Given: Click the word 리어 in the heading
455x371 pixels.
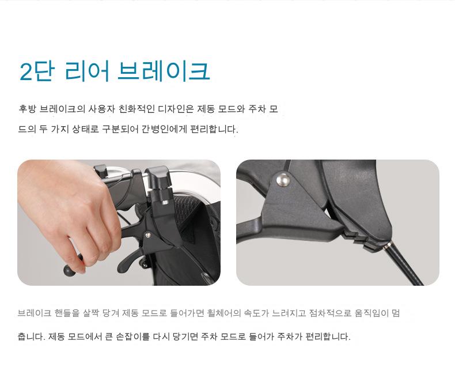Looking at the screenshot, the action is [87, 71].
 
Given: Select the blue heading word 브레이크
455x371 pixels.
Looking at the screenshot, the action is [164, 71].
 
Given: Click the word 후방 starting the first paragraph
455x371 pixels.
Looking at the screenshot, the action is [27, 109].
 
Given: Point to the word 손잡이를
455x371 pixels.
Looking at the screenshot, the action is [132, 337].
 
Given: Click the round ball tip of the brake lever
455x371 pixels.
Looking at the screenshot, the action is [69, 271].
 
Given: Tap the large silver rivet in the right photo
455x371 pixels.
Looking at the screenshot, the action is [283, 180].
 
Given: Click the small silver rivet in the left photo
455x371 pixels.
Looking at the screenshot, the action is [147, 234].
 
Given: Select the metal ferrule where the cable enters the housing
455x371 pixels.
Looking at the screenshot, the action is [387, 245].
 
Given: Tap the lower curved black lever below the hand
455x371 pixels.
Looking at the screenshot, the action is [129, 259].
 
